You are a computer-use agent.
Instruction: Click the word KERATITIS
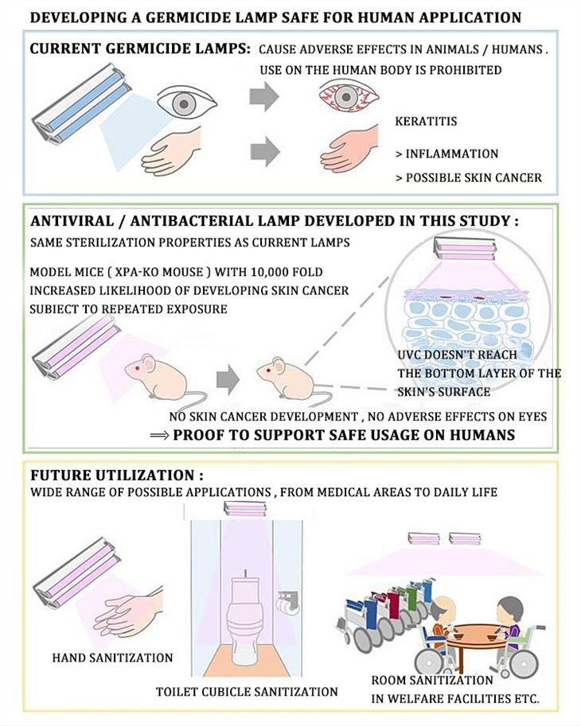[426, 122]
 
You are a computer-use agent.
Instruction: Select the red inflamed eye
[349, 96]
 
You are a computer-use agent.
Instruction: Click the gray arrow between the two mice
[228, 379]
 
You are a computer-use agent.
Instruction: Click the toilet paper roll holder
[288, 602]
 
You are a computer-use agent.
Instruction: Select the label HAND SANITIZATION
[112, 658]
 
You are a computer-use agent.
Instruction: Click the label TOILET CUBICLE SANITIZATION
[247, 692]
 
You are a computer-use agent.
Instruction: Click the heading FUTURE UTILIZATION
[117, 476]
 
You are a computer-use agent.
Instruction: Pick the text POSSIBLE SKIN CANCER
[474, 178]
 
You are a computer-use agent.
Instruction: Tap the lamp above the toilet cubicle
[246, 509]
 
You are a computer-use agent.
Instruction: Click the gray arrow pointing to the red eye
[264, 96]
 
